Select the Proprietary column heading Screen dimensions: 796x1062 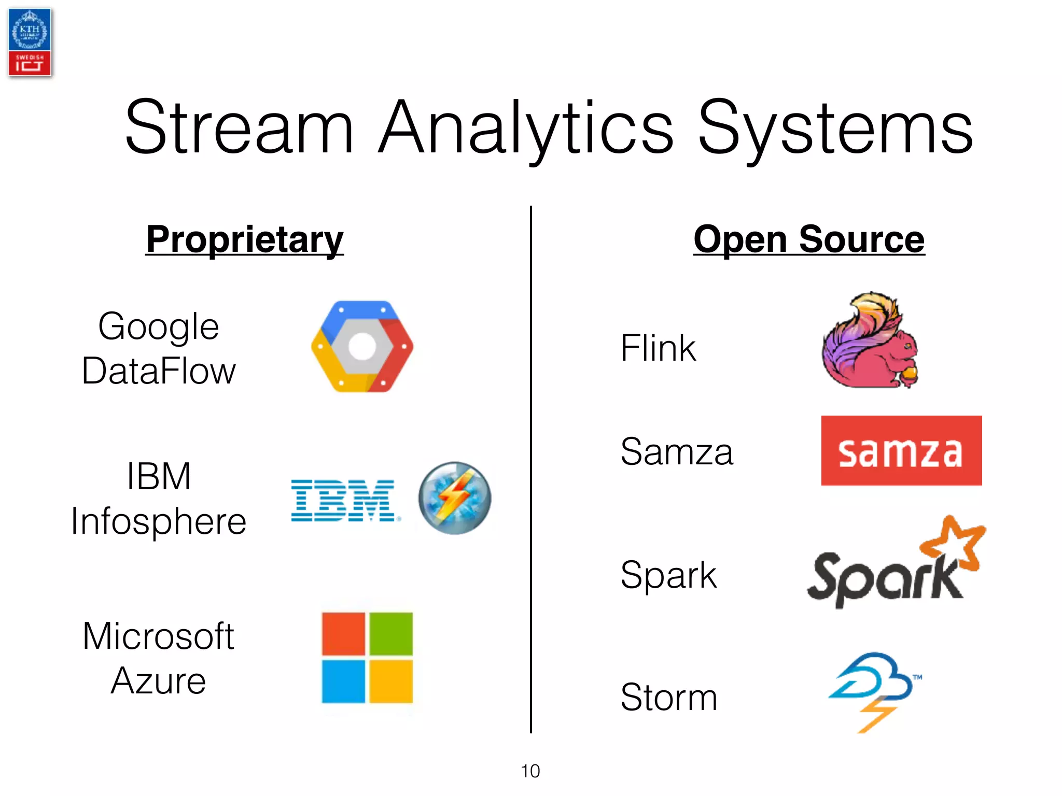pyautogui.click(x=245, y=239)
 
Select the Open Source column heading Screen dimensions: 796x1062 pyautogui.click(x=809, y=239)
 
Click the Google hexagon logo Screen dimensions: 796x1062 pyautogui.click(x=362, y=346)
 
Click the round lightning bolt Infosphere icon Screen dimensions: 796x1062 pyautogui.click(x=455, y=498)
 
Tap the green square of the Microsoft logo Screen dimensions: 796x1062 pyautogui.click(x=390, y=633)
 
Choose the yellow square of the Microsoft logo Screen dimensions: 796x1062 pyautogui.click(x=390, y=681)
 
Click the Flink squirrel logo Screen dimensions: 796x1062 pyautogui.click(x=870, y=342)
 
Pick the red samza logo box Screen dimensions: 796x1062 pyautogui.click(x=901, y=451)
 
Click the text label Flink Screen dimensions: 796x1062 pyautogui.click(x=658, y=348)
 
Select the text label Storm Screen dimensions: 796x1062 pyautogui.click(x=669, y=698)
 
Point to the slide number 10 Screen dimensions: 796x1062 pyautogui.click(x=530, y=771)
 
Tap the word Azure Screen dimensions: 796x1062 pyautogui.click(x=158, y=681)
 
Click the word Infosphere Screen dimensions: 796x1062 pyautogui.click(x=158, y=521)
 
